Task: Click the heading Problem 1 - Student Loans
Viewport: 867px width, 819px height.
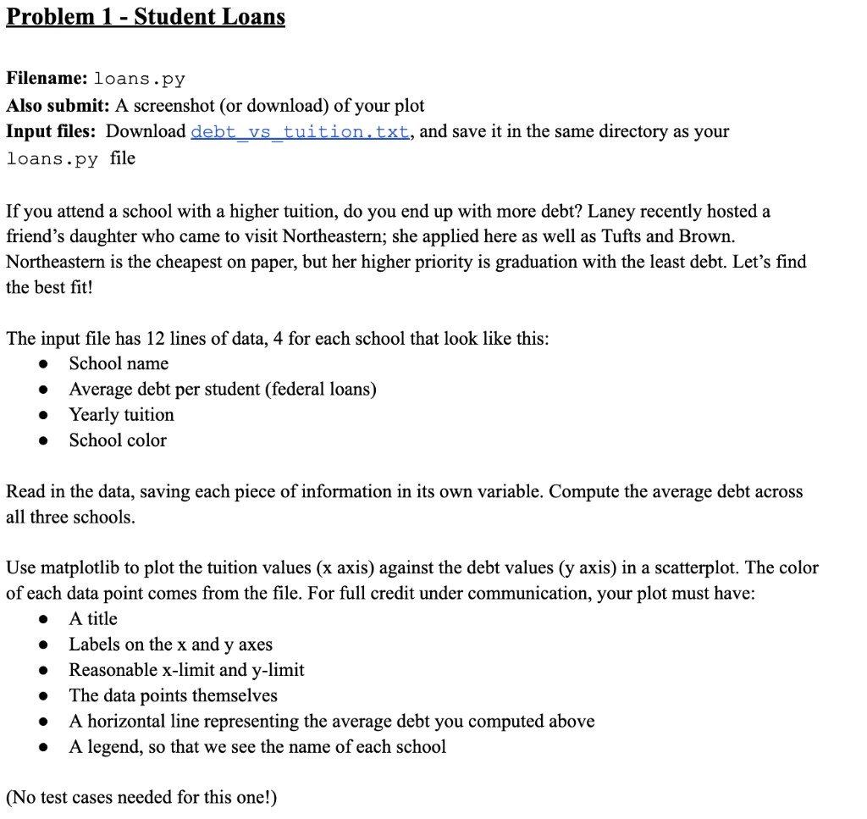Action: pyautogui.click(x=146, y=17)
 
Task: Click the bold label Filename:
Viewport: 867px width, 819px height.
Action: pyautogui.click(x=47, y=79)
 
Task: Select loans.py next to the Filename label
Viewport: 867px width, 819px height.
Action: pyautogui.click(x=139, y=80)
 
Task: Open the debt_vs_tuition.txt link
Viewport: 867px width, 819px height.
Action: pyautogui.click(x=301, y=132)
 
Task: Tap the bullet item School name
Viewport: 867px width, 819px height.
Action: pyautogui.click(x=119, y=363)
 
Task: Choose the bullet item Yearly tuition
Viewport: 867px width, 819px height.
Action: pyautogui.click(x=121, y=415)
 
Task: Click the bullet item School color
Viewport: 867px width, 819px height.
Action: pyautogui.click(x=118, y=440)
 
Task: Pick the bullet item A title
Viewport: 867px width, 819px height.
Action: pyautogui.click(x=93, y=619)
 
